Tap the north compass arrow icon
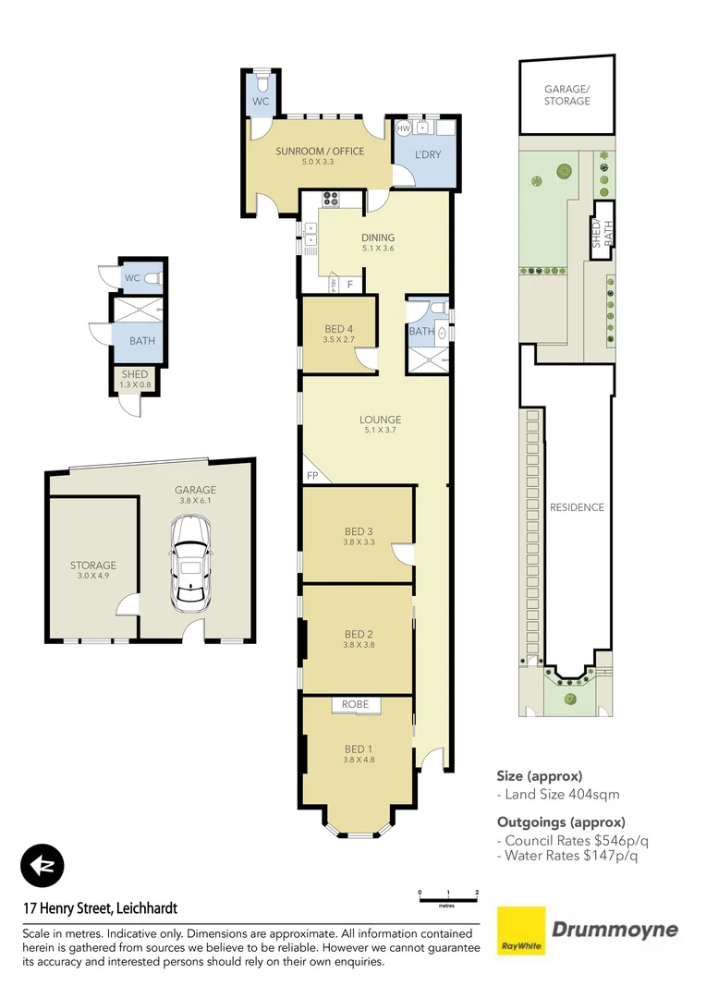pyautogui.click(x=43, y=866)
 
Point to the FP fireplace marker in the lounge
pyautogui.click(x=311, y=476)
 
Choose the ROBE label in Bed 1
pyautogui.click(x=356, y=704)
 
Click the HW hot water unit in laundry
pyautogui.click(x=404, y=128)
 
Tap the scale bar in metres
pyautogui.click(x=448, y=895)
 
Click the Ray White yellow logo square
pyautogui.click(x=522, y=931)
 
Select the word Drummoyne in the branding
pyautogui.click(x=615, y=930)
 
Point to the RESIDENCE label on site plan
pyautogui.click(x=577, y=507)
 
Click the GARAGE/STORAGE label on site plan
pyautogui.click(x=566, y=95)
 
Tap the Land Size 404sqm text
pyautogui.click(x=558, y=794)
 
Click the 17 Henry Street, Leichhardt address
pyautogui.click(x=100, y=908)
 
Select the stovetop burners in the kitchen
pyautogui.click(x=331, y=197)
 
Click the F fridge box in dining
pyautogui.click(x=349, y=285)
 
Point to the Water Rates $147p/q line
pyautogui.click(x=566, y=856)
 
